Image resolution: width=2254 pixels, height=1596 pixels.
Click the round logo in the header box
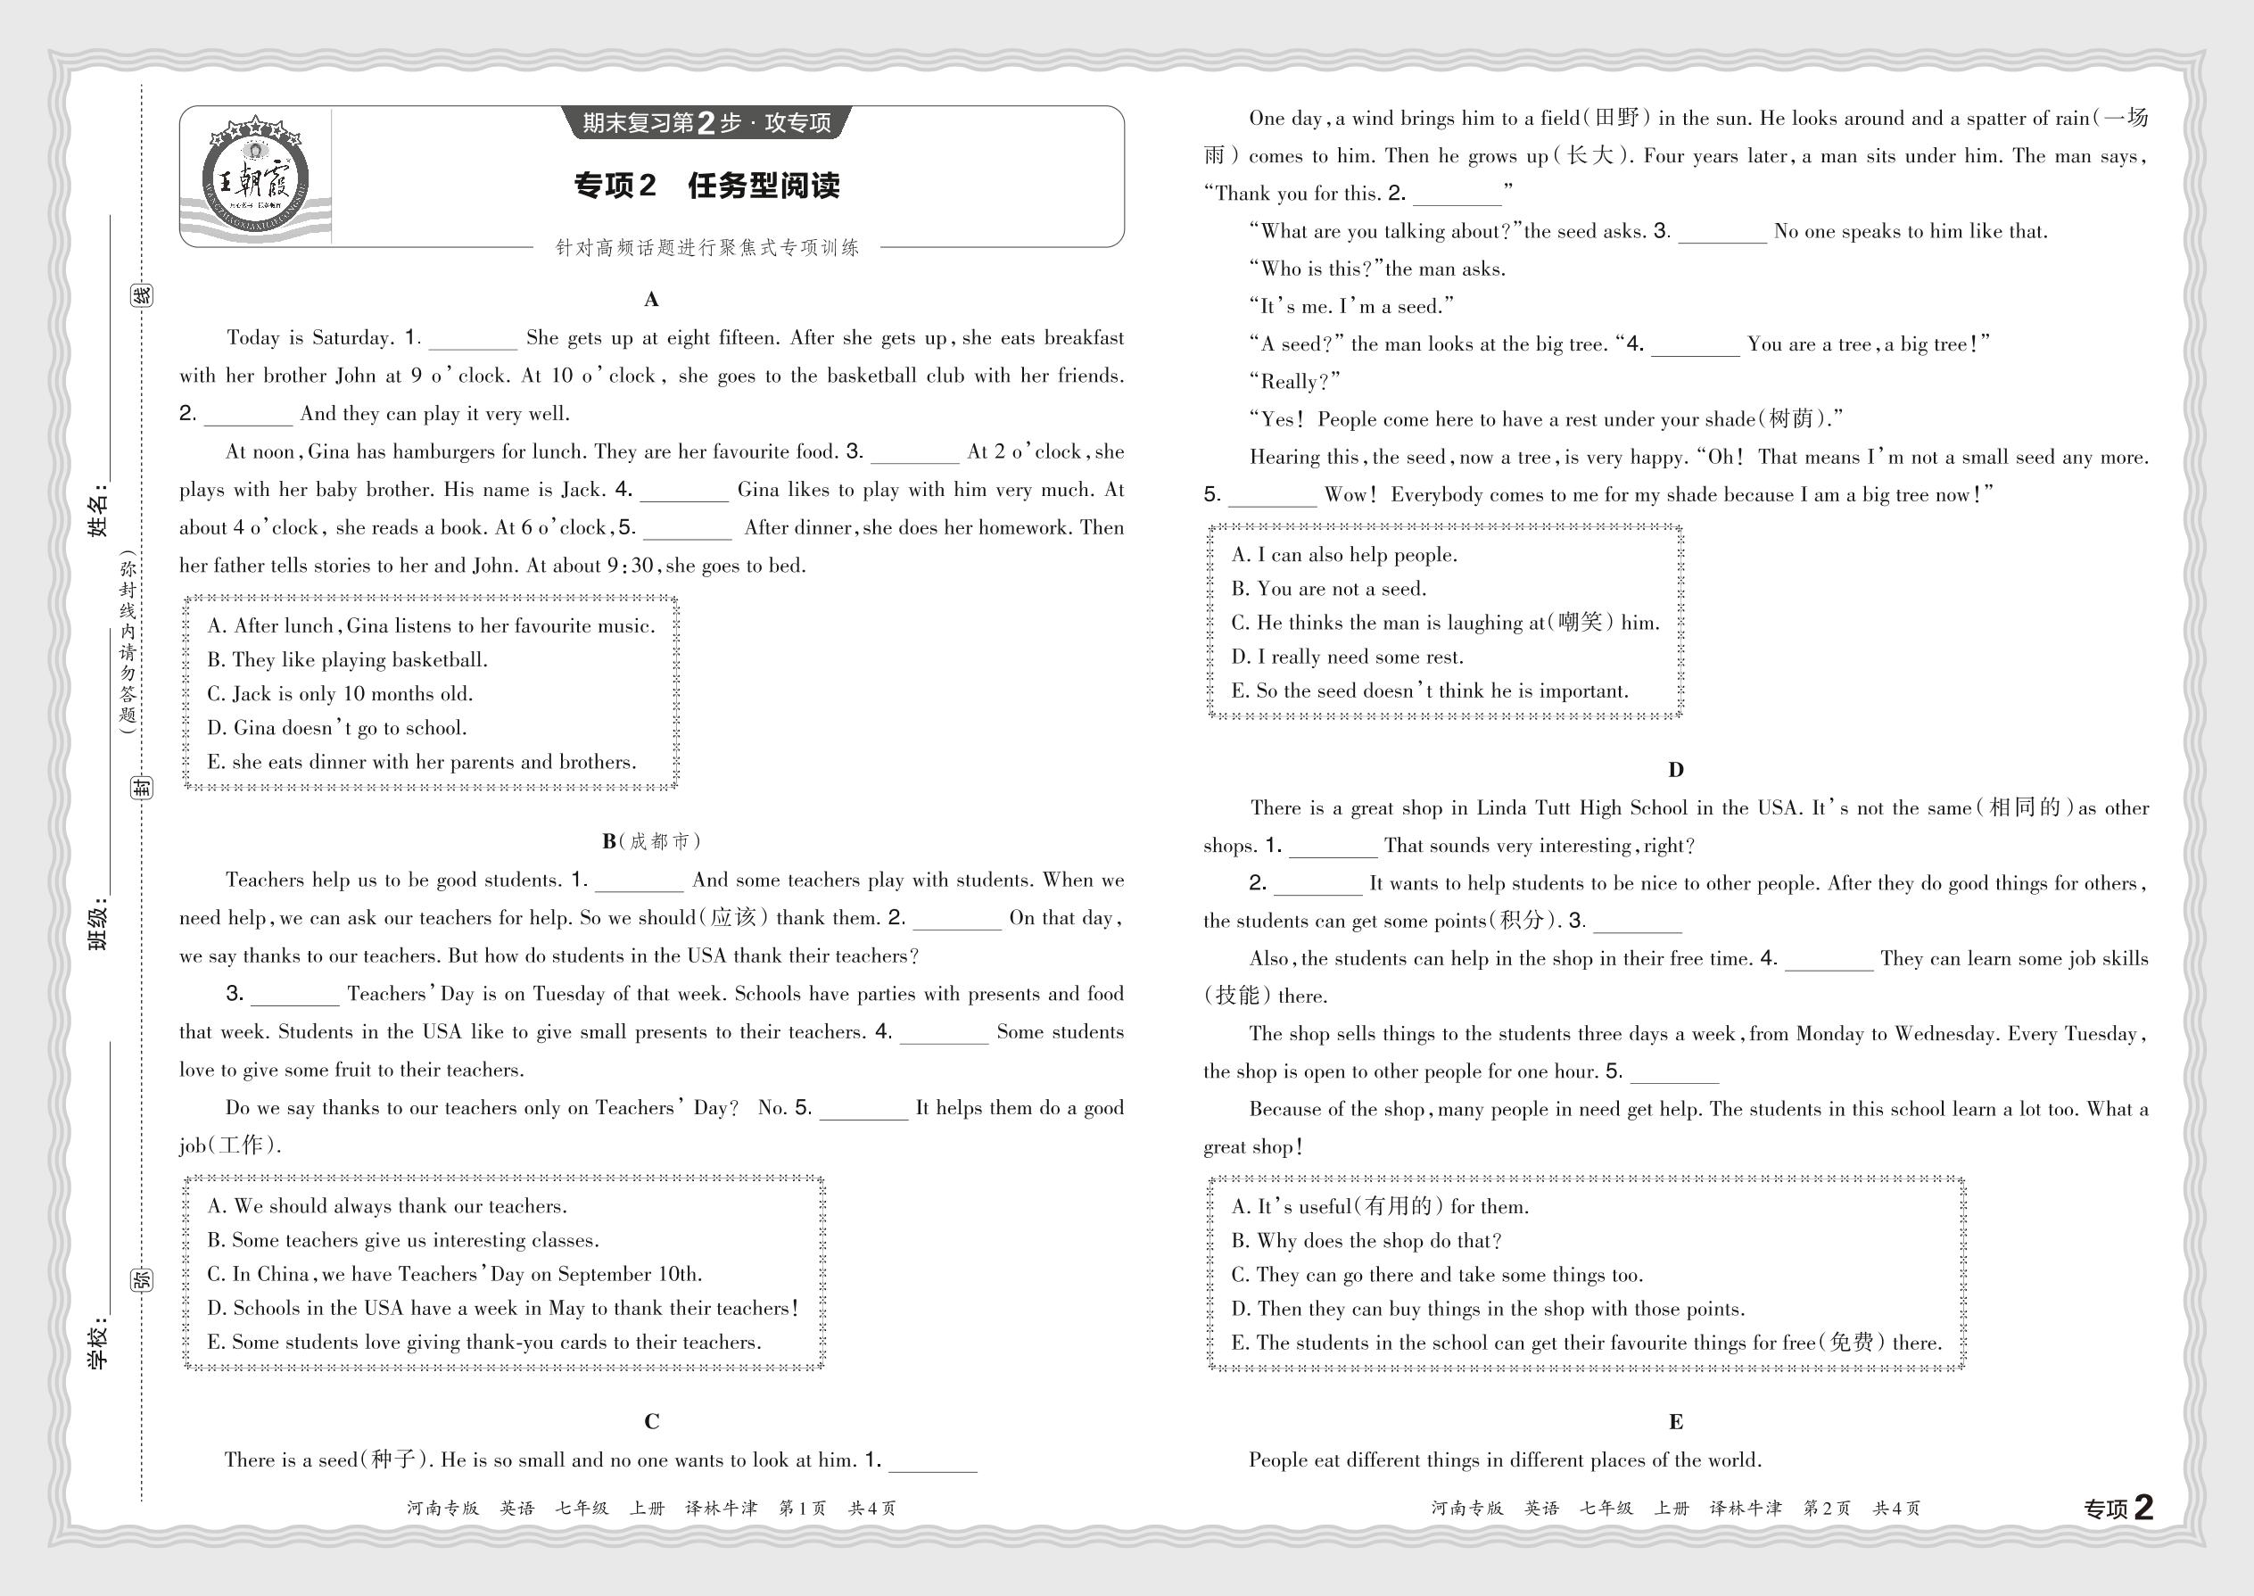click(x=254, y=178)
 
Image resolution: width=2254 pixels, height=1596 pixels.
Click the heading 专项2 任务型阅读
click(x=706, y=186)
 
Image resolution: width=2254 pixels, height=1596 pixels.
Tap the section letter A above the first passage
click(x=650, y=300)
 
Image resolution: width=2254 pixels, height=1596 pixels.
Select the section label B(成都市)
click(x=650, y=841)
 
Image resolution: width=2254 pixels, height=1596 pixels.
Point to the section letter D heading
click(x=1675, y=771)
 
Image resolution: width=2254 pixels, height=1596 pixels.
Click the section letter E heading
click(x=1675, y=1422)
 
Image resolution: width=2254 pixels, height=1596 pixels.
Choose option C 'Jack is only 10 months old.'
click(x=340, y=694)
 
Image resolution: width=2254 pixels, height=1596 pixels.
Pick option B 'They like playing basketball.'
click(x=347, y=659)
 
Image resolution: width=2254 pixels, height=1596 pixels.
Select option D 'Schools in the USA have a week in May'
click(x=502, y=1308)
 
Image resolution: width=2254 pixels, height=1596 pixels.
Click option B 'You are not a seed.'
click(x=1328, y=589)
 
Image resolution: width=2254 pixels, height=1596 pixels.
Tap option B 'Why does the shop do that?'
click(x=1366, y=1241)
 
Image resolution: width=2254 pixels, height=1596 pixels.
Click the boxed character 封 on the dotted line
click(x=143, y=787)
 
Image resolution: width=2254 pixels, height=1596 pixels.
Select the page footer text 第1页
click(x=803, y=1509)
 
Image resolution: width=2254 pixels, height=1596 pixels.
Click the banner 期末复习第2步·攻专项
click(x=706, y=123)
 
